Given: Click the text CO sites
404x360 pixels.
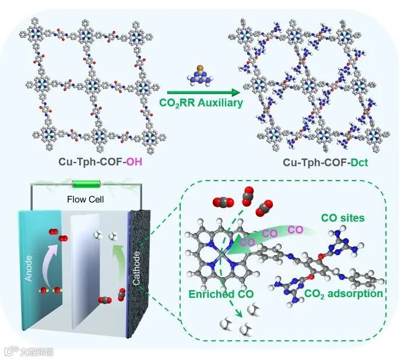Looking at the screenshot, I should [x=344, y=218].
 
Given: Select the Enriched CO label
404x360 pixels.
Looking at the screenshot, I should [x=216, y=294].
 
